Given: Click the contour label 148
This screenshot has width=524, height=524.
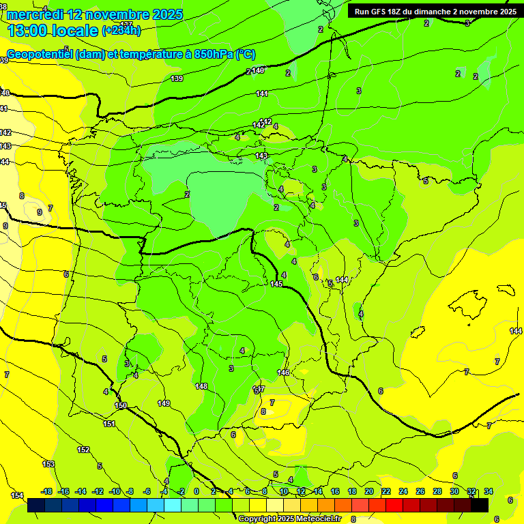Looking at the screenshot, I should (x=201, y=386).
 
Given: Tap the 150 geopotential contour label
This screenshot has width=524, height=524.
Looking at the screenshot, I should (x=121, y=406).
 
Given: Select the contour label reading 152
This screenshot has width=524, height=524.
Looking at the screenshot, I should (x=83, y=450).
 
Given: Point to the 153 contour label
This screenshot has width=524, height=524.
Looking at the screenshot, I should (x=48, y=464).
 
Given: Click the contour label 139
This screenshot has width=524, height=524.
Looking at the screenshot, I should (x=177, y=79).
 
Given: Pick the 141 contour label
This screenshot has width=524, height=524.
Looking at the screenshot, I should (x=262, y=93).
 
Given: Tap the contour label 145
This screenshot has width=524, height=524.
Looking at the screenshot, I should (x=276, y=284).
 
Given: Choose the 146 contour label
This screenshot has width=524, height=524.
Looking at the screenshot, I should (x=283, y=373).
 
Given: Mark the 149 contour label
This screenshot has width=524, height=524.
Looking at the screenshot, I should (x=164, y=403).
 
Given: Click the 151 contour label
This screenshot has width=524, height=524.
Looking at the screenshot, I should (x=109, y=424).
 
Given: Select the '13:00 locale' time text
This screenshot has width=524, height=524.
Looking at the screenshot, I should (x=53, y=31).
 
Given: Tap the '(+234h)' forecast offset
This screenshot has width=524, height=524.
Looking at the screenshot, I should (x=121, y=31).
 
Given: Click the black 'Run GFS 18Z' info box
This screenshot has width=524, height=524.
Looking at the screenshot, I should (x=435, y=11).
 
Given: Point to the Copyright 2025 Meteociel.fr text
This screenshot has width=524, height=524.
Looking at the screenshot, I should (x=289, y=519).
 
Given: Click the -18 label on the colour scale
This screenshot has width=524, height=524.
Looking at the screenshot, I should (x=46, y=491).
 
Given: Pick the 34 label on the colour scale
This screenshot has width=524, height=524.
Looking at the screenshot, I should (x=489, y=491).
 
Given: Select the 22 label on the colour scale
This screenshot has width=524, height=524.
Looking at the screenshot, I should (x=385, y=491).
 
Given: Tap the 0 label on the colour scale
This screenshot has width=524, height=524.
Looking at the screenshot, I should (x=196, y=491).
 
